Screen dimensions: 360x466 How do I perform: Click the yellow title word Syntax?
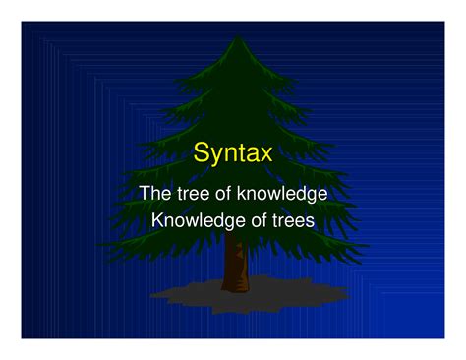[x=233, y=153]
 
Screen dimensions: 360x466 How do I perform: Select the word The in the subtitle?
[x=156, y=194]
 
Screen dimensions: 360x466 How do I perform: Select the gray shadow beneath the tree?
[x=177, y=292]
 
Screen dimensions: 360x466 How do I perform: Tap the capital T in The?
[x=146, y=194]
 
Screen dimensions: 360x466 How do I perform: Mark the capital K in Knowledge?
[x=157, y=220]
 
